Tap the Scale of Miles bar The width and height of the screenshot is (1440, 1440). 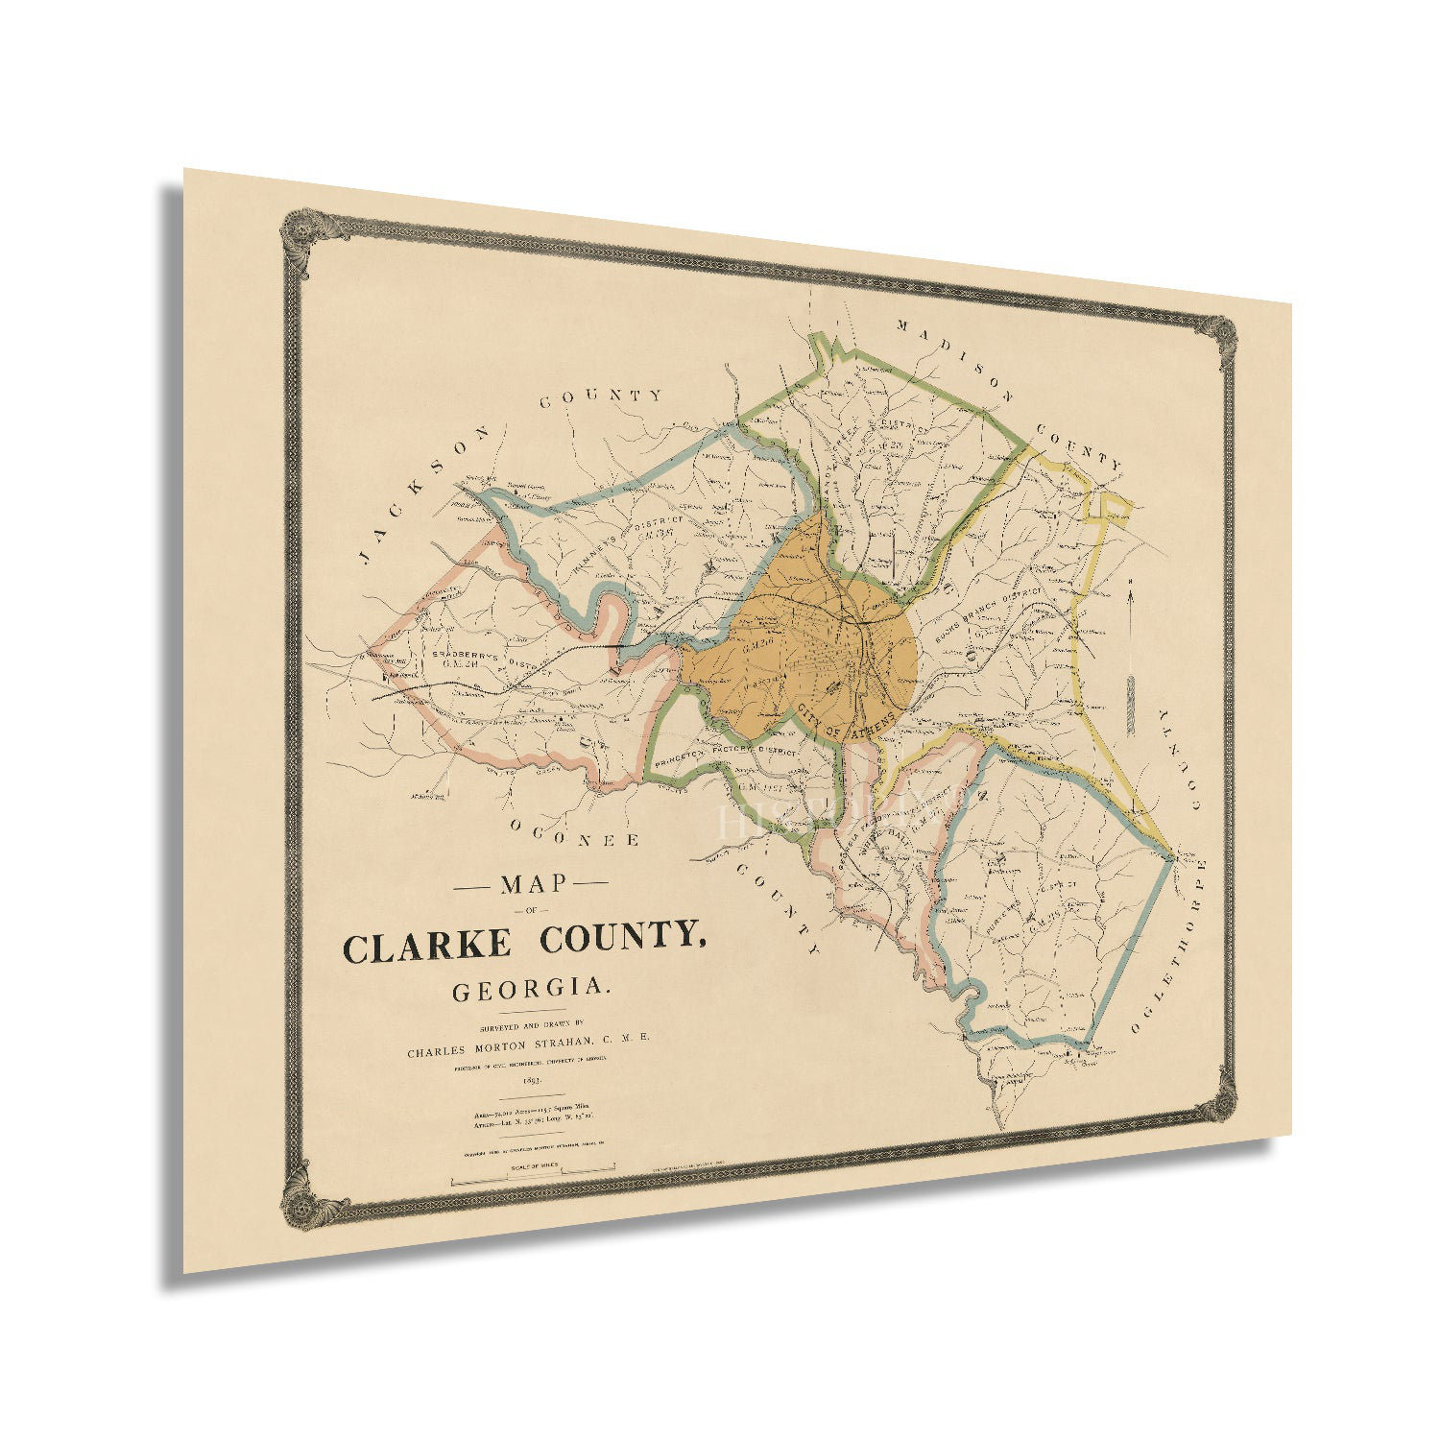coord(533,1170)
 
